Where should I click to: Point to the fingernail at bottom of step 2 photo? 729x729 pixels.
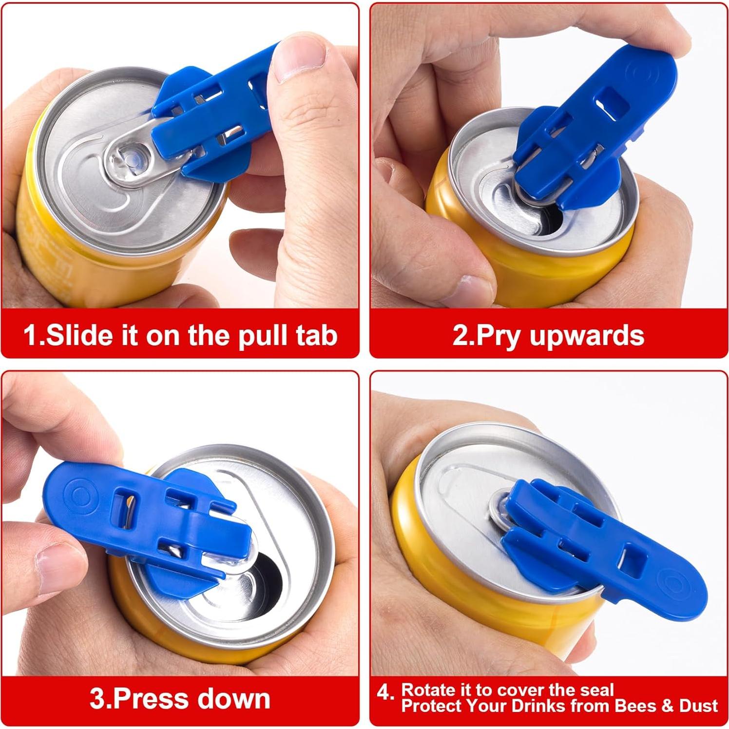[470, 287]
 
